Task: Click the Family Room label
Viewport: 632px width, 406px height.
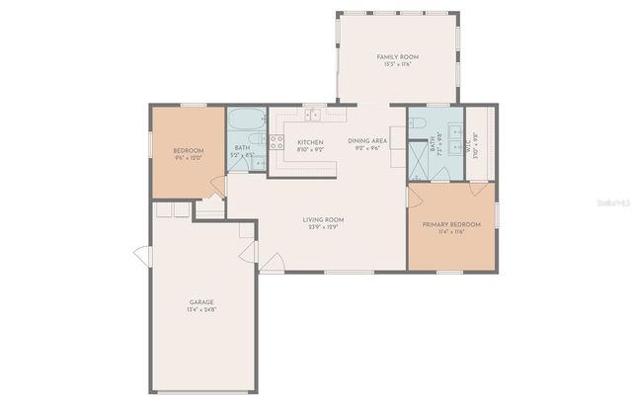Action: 397,57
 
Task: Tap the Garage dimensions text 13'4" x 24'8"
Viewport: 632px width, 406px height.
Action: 201,310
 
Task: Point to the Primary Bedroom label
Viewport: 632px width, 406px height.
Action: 451,224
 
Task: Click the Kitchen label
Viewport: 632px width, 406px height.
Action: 310,142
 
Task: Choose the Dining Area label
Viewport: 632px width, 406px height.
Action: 367,140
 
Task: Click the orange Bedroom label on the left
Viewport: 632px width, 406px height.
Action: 188,150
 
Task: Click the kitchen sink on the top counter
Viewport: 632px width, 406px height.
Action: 313,115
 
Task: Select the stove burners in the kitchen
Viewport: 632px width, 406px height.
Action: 277,142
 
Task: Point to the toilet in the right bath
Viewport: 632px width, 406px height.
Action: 417,123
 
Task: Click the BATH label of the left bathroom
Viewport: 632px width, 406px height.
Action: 242,148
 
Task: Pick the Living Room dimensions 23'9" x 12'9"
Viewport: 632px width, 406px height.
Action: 322,227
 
